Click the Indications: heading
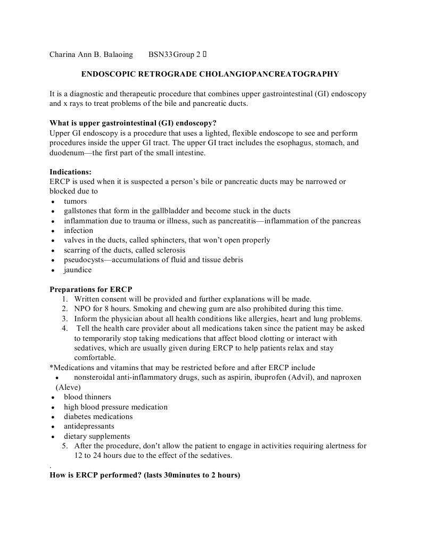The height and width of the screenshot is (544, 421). pyautogui.click(x=70, y=172)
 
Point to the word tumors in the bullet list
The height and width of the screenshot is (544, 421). pyautogui.click(x=75, y=202)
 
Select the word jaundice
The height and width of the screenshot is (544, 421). pyautogui.click(x=78, y=270)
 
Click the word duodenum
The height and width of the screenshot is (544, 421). pyautogui.click(x=68, y=153)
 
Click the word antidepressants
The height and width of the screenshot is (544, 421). pyautogui.click(x=89, y=426)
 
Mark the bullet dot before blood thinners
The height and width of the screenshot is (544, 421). pyautogui.click(x=53, y=397)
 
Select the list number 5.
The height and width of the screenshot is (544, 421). pyautogui.click(x=64, y=446)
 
